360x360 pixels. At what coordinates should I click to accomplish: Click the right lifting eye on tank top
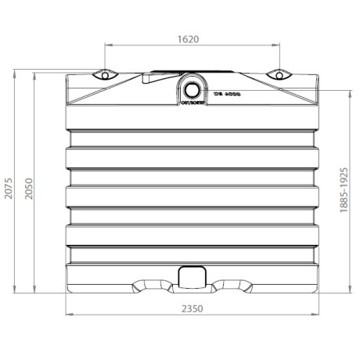point(279,76)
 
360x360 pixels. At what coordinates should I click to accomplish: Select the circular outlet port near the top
point(192,86)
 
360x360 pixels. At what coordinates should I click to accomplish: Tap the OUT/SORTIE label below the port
point(192,102)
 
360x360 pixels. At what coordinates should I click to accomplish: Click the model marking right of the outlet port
point(227,92)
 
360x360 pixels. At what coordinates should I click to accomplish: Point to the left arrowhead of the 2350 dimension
point(66,315)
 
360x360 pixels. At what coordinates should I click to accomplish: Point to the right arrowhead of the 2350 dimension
point(318,315)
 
